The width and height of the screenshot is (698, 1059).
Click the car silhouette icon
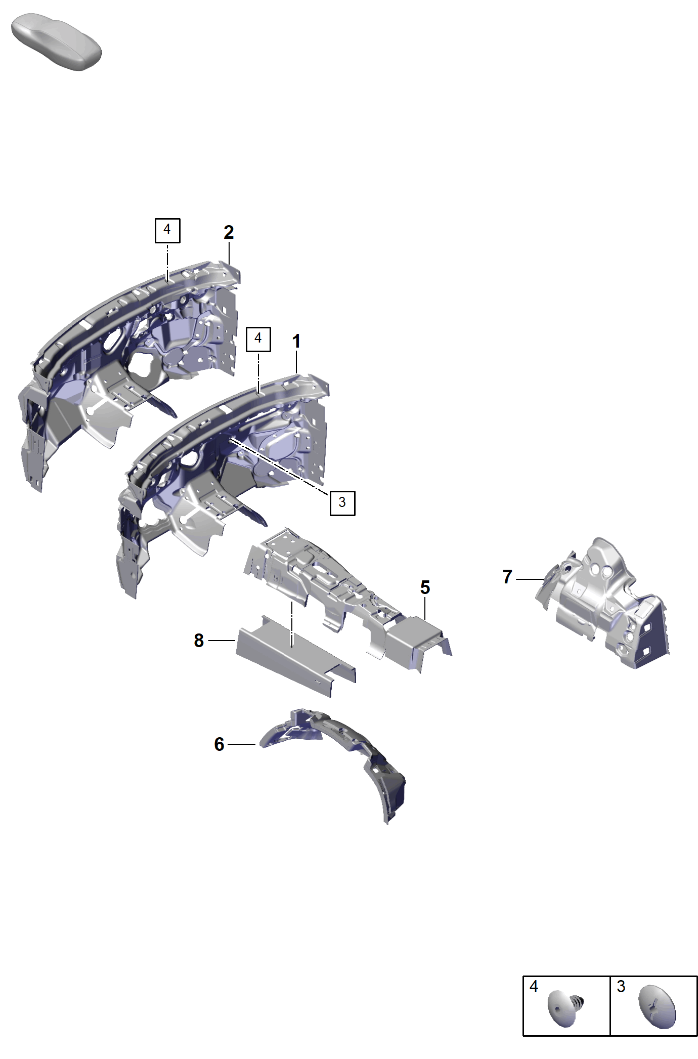click(56, 42)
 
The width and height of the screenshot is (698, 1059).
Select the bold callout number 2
click(229, 232)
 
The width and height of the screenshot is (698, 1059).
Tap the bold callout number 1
click(296, 342)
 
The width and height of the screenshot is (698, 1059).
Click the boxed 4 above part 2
click(167, 230)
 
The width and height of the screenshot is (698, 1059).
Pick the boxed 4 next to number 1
click(258, 338)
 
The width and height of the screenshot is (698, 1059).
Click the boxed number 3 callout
click(342, 503)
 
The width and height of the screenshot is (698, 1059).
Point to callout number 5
click(425, 587)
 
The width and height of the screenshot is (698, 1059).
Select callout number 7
click(507, 577)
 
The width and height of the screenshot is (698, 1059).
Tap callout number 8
click(199, 641)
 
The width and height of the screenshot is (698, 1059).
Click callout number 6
click(219, 744)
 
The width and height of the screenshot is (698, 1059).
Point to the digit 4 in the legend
click(534, 986)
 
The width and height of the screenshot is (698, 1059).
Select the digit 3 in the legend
click(621, 986)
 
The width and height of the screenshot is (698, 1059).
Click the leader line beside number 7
click(531, 579)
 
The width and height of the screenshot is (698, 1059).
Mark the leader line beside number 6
click(242, 744)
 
